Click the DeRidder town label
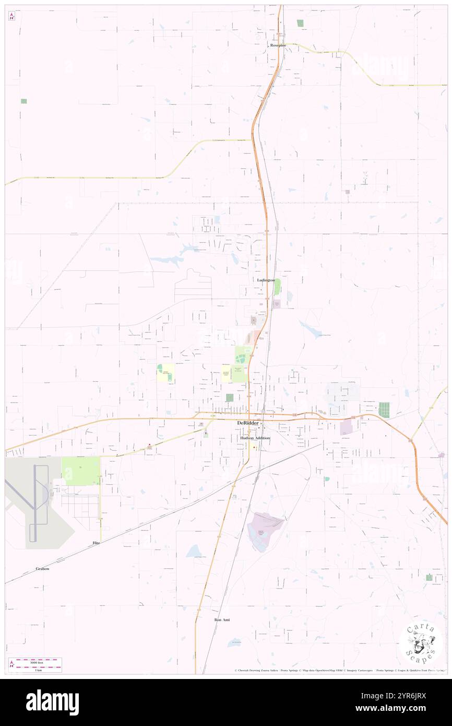click(247, 423)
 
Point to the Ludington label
click(266, 280)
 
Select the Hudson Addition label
click(255, 438)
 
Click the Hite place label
click(96, 543)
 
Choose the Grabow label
click(43, 568)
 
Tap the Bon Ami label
click(222, 619)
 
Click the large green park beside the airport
click(80, 471)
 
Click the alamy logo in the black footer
click(52, 702)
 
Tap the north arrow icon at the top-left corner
click(11, 16)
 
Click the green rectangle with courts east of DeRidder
click(384, 409)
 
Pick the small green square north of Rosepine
click(300, 23)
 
